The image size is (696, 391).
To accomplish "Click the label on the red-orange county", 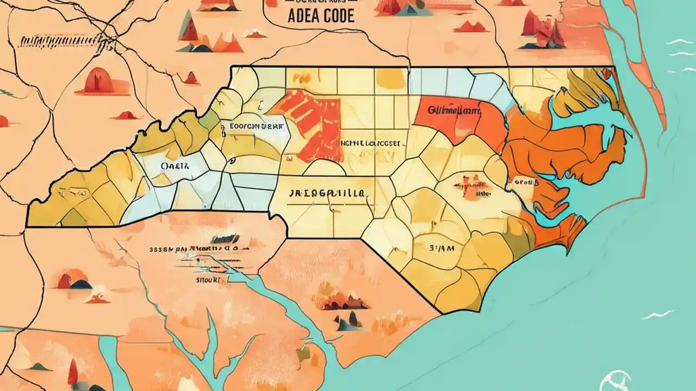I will click(455, 110).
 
